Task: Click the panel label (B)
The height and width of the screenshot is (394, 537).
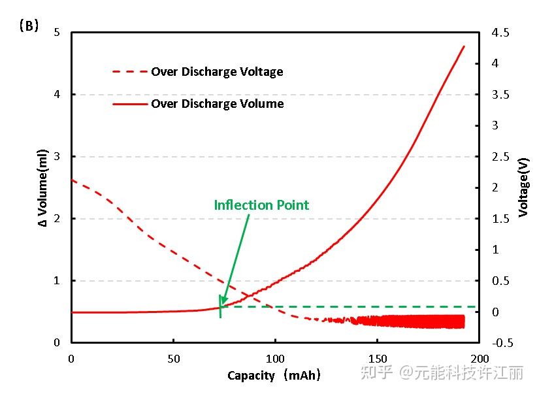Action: (x=29, y=26)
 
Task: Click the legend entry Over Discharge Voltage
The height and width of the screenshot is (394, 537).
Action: (x=217, y=72)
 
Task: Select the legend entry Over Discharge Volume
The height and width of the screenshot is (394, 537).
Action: (x=217, y=103)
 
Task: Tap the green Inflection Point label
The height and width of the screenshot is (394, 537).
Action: (x=261, y=205)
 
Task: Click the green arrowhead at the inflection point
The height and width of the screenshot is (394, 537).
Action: (x=222, y=303)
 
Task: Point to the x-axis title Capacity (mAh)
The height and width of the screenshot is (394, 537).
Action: (x=274, y=376)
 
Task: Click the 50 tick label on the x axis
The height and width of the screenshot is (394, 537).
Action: (x=173, y=359)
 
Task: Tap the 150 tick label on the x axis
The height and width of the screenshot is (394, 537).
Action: (x=377, y=359)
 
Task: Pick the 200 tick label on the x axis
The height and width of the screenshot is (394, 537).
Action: (x=479, y=359)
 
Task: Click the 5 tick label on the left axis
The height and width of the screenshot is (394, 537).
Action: (x=57, y=33)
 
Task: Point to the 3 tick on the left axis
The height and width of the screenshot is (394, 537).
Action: (x=57, y=157)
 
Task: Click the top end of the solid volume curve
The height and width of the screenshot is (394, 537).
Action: (x=464, y=46)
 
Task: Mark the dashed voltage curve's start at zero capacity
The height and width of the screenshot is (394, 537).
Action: (x=72, y=180)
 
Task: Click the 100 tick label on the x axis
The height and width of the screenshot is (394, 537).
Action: (x=275, y=359)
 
